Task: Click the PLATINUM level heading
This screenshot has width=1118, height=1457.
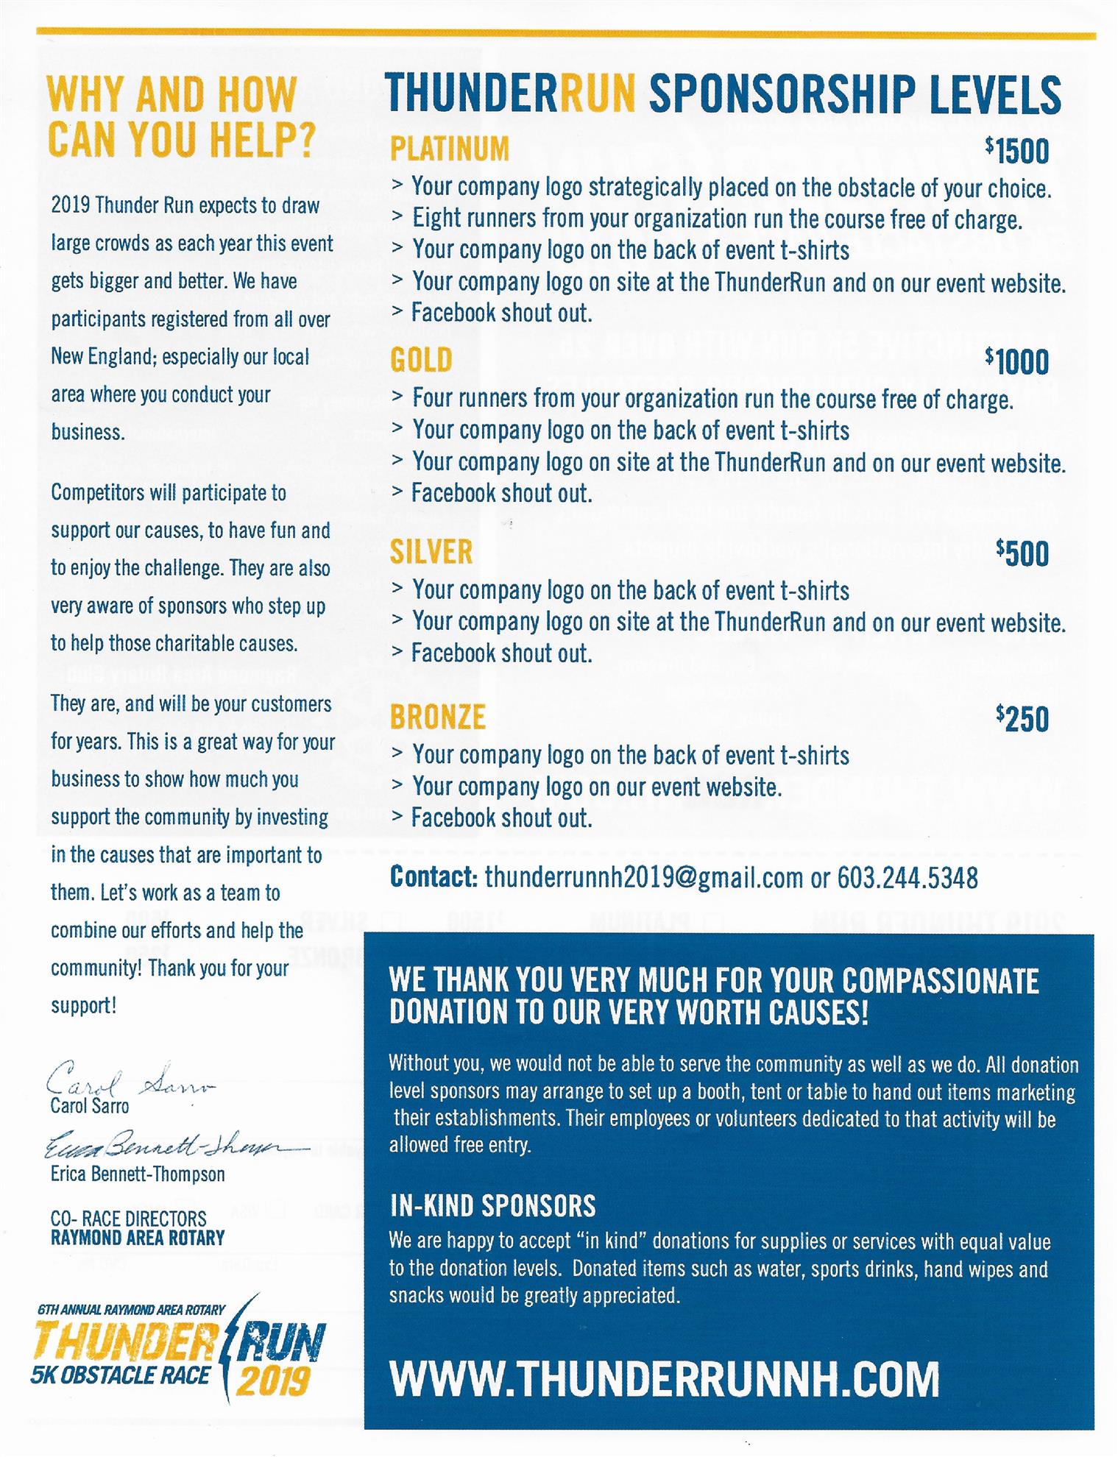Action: [x=449, y=149]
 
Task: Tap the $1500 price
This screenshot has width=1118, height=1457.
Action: [x=1017, y=151]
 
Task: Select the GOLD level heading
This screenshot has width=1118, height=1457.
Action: [x=421, y=361]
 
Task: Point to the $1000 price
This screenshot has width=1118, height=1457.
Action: [x=1017, y=361]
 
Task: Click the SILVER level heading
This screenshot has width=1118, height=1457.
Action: [x=431, y=553]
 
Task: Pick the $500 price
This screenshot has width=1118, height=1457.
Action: [x=1022, y=553]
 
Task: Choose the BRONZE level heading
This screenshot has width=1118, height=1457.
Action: [x=438, y=717]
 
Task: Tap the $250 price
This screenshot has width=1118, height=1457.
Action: [x=1022, y=719]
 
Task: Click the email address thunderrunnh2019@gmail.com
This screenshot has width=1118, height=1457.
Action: [x=644, y=878]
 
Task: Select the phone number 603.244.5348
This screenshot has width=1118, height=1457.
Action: [x=908, y=878]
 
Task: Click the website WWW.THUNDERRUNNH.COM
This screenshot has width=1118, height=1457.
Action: [x=664, y=1380]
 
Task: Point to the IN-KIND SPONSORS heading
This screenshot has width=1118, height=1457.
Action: [x=492, y=1206]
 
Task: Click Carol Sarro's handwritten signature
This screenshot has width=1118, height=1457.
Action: [x=129, y=1080]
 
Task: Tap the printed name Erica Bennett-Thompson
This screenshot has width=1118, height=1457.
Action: [x=138, y=1174]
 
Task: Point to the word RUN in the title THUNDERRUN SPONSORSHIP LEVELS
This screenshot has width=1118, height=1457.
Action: [x=598, y=94]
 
